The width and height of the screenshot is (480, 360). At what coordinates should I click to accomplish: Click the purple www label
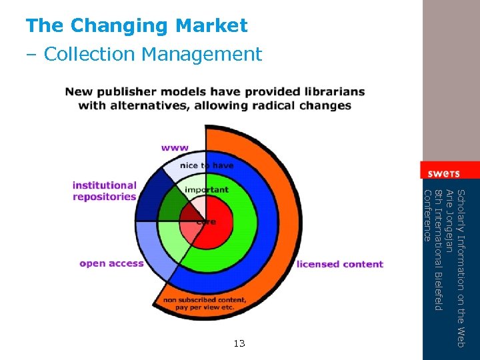pos(175,147)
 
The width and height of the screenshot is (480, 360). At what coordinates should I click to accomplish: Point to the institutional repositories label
pos(105,191)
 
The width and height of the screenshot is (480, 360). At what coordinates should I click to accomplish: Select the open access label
pos(111,263)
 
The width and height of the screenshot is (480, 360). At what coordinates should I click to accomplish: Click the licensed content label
pos(340,264)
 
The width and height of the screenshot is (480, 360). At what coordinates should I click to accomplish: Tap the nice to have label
pos(207,165)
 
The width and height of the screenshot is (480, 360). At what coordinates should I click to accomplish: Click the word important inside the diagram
pos(207,190)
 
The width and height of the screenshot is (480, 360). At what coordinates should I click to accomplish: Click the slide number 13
pos(239,343)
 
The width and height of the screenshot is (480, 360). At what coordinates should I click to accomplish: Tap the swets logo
pos(443,173)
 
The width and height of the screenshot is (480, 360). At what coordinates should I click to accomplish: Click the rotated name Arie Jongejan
pos(450,221)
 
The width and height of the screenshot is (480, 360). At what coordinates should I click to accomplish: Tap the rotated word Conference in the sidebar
pos(428,215)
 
